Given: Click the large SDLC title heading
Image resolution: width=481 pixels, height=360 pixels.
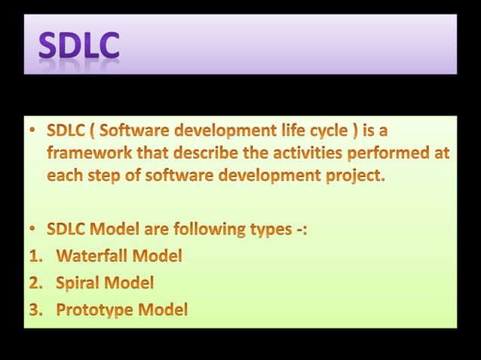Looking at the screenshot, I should pos(78,44).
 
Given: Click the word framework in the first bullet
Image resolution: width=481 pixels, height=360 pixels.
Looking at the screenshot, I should pos(84,154).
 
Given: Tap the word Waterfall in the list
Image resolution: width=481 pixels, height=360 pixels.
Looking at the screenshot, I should pos(93,256).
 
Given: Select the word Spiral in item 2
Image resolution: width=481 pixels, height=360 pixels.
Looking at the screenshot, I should pos(78,283).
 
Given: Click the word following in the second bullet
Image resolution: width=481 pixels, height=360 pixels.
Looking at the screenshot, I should pos(210,229).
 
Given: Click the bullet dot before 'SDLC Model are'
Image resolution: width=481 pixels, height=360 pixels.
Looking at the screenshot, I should pos(34,229).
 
